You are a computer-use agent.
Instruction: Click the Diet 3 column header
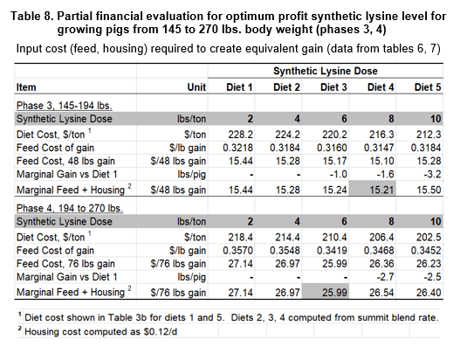pos(333,87)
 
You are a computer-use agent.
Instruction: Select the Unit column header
pos(196,87)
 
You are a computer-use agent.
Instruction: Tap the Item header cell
pos(26,87)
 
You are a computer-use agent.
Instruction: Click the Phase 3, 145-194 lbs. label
pos(65,106)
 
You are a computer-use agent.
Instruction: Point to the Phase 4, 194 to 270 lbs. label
pos(70,208)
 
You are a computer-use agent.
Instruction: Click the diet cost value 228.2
pos(241,135)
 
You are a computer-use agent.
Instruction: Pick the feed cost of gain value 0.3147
pos(379,148)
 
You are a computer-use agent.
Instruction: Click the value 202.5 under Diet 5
pos(429,238)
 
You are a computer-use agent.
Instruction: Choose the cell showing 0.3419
pos(332,251)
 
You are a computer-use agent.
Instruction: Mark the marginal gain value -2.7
pos(386,277)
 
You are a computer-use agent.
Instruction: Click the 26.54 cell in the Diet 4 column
pos(381,293)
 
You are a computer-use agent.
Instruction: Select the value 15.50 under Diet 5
pos(429,190)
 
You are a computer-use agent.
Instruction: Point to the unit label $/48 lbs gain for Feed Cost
pos(178,161)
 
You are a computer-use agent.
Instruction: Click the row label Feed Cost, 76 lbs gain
pos(65,264)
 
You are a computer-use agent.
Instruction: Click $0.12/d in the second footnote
pos(161,332)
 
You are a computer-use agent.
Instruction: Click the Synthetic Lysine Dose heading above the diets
pos(326,71)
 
